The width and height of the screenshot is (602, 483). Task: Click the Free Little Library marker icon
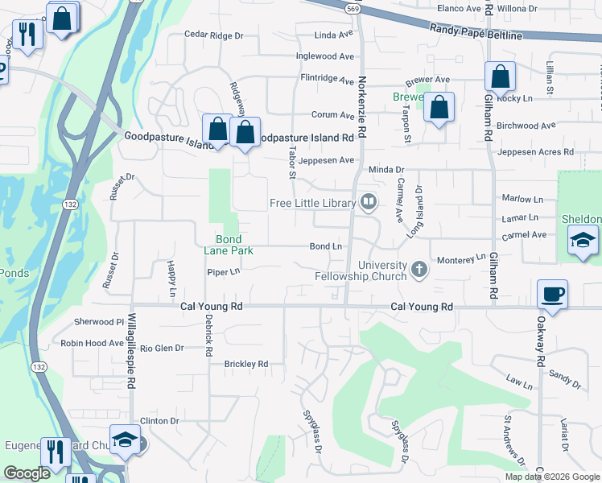[369, 201]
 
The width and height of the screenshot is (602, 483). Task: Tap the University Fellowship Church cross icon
[419, 268]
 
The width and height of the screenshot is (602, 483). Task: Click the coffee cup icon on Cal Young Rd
[552, 295]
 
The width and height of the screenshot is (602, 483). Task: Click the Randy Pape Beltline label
[476, 32]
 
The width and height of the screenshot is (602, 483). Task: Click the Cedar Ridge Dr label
[213, 35]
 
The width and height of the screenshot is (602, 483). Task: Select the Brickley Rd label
[245, 365]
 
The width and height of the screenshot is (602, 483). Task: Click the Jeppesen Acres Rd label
[536, 151]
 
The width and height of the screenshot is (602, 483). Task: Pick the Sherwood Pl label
[98, 321]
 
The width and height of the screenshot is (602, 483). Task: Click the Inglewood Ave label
[325, 56]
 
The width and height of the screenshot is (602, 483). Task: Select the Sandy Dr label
[564, 374]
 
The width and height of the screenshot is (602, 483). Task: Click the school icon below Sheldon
[583, 240]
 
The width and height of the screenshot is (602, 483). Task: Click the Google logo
[27, 474]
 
